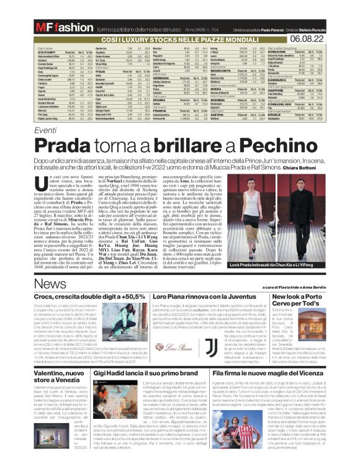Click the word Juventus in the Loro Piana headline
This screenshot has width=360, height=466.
[235, 298]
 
